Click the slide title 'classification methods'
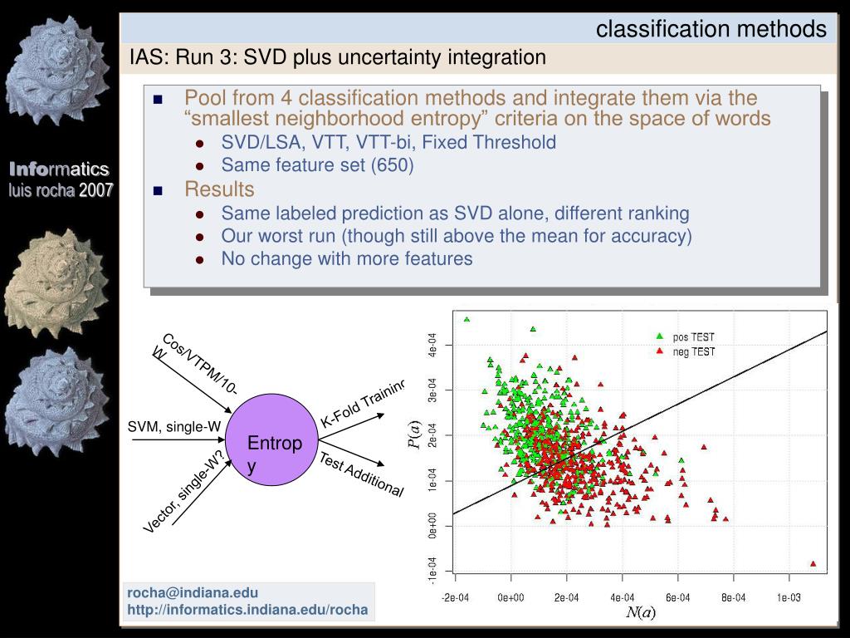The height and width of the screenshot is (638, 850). (711, 29)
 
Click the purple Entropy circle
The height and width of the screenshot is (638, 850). (271, 439)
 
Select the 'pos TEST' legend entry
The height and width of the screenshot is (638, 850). (686, 337)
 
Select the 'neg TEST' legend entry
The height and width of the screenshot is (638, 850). (686, 351)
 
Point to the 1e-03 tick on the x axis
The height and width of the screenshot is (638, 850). (789, 597)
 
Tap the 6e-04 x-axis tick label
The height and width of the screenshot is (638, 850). (677, 597)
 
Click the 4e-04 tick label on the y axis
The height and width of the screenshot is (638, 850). (432, 345)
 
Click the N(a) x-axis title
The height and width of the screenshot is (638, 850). (640, 612)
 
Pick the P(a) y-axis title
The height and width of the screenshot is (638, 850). (414, 435)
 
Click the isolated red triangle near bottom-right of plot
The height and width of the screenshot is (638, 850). (813, 564)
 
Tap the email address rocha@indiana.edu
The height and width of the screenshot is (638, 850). (193, 592)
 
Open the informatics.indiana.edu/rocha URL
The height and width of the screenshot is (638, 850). (247, 610)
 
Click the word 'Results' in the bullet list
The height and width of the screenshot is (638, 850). (219, 189)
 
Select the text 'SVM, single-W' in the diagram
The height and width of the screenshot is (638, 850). (174, 427)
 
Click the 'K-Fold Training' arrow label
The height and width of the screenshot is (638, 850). (363, 403)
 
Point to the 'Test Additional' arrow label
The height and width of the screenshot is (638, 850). (361, 474)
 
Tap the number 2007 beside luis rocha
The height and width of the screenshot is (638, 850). (96, 190)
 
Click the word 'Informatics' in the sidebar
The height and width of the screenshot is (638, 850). (59, 169)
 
